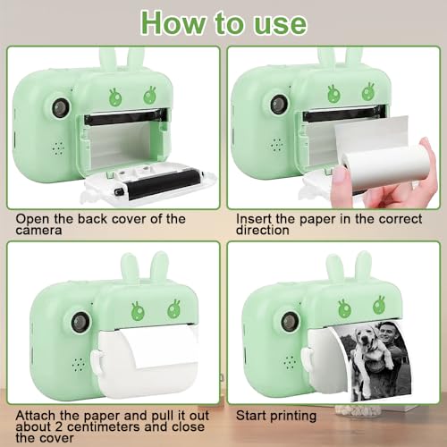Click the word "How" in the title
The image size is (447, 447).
tap(173, 23)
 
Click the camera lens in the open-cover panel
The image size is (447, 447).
tap(61, 107)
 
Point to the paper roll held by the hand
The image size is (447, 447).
tap(384, 167)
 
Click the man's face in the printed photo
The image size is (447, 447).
tap(387, 332)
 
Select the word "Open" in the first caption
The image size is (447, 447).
tap(32, 219)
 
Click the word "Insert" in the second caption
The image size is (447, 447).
tap(254, 219)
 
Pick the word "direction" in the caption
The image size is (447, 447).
tap(263, 231)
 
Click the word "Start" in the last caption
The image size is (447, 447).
tap(251, 416)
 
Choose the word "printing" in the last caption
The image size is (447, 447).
tap(292, 417)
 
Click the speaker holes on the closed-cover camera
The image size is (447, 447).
tap(78, 365)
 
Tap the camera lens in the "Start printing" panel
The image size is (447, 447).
tap(290, 322)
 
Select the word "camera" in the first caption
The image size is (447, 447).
tap(38, 231)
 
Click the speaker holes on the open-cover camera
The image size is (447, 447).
tap(58, 148)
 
